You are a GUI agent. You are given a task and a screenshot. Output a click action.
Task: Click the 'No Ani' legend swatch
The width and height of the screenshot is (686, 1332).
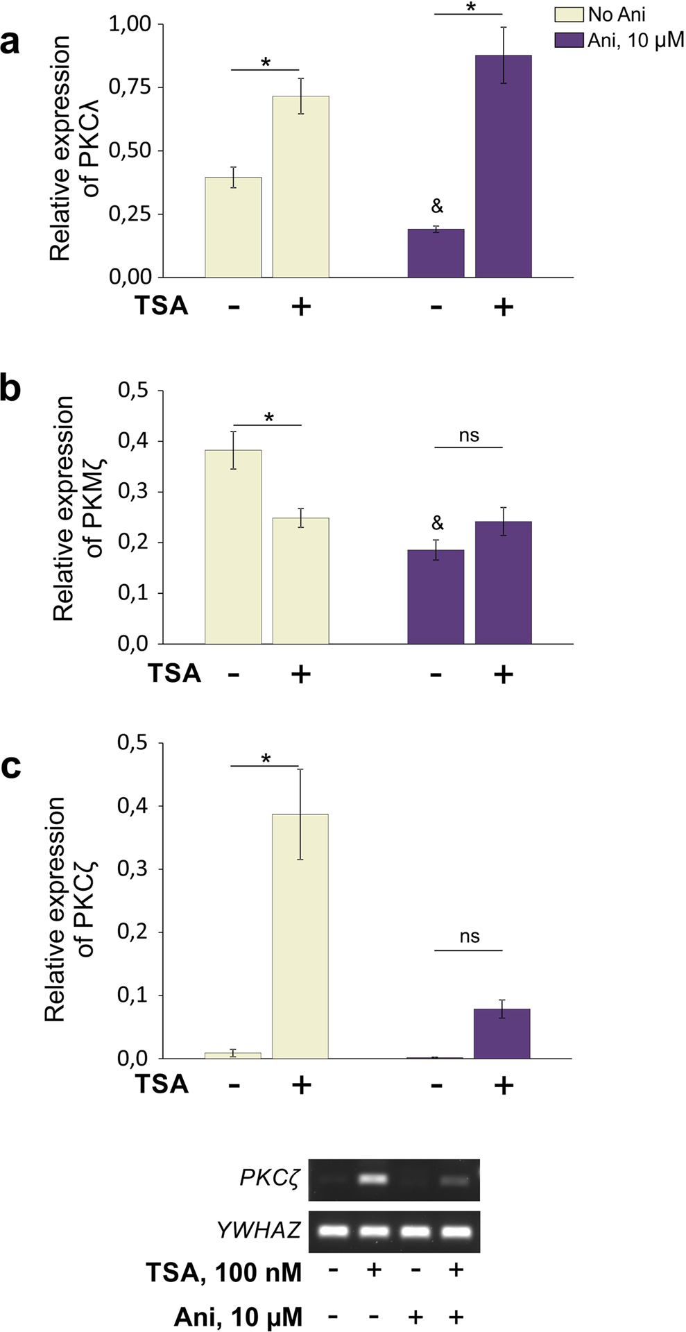tap(568, 15)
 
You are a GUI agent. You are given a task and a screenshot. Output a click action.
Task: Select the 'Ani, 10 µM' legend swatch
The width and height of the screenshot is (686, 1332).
tap(568, 40)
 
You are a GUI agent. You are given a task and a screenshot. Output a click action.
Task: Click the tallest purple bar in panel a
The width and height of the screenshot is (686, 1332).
tap(503, 166)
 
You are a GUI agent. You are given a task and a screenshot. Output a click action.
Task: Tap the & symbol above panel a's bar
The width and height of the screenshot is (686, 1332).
tap(436, 206)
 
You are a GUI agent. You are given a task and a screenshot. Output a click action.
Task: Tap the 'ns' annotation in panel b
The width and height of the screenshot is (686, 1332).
tap(469, 436)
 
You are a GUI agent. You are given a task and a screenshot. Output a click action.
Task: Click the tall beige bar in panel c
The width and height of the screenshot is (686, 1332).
tap(300, 936)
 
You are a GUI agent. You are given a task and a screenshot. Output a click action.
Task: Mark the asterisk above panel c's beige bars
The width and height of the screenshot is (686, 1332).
tap(266, 759)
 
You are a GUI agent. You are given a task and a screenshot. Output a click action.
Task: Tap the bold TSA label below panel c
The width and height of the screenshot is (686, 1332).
tap(162, 1084)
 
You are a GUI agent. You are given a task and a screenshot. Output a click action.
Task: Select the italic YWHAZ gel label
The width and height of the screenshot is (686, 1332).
tap(258, 1230)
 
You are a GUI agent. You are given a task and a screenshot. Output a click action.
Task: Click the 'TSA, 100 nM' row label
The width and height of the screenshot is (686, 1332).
tap(223, 1272)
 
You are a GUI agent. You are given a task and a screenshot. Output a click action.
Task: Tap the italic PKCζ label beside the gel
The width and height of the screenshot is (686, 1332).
tap(269, 1178)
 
